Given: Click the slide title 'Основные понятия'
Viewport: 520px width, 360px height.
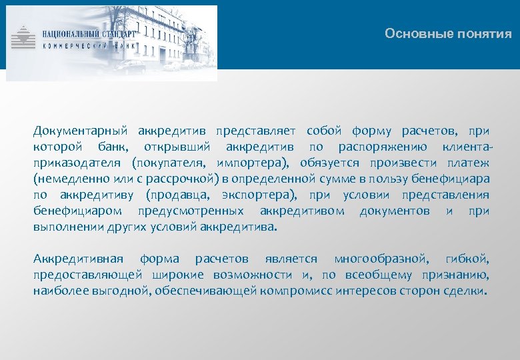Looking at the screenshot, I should click(448, 34).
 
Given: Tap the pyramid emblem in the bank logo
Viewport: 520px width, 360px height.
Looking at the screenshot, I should click(25, 38).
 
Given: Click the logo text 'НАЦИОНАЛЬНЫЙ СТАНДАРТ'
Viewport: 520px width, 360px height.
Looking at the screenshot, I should click(89, 33).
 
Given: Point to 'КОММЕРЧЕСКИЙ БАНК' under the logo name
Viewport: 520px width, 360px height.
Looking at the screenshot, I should click(89, 46).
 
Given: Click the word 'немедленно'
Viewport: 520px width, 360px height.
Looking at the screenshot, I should click(67, 178).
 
